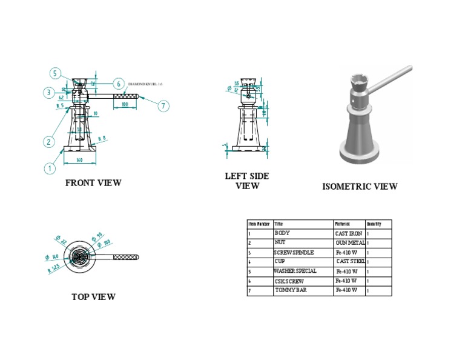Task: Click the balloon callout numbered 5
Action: click(55, 74)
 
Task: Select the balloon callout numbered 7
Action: click(163, 106)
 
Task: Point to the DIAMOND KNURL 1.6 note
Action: click(145, 84)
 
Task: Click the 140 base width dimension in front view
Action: click(79, 160)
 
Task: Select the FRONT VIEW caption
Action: click(93, 182)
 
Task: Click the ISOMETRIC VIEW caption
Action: click(360, 187)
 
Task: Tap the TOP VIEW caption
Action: click(93, 297)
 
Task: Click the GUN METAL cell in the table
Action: click(350, 242)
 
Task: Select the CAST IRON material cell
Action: click(349, 233)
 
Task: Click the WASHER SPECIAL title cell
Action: click(295, 271)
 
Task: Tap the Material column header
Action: click(343, 224)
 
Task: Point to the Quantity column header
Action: click(374, 224)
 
